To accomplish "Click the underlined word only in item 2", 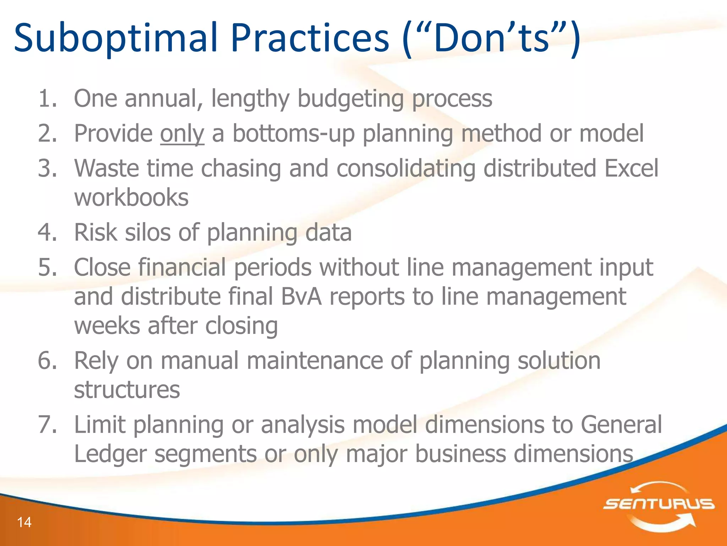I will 182,134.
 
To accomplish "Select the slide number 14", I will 24,522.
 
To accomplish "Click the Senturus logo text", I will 658,504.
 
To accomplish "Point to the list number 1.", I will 47,98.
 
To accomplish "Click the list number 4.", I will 47,232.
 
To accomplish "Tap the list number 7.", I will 47,424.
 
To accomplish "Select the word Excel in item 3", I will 631,168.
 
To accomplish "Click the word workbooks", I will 131,198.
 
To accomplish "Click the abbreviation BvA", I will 301,297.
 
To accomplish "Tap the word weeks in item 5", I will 106,326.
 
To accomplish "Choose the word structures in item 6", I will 127,390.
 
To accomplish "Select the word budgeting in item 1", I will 350,99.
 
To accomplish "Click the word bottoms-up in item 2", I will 293,134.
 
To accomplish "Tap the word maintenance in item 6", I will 315,361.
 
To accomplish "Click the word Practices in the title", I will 310,38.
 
